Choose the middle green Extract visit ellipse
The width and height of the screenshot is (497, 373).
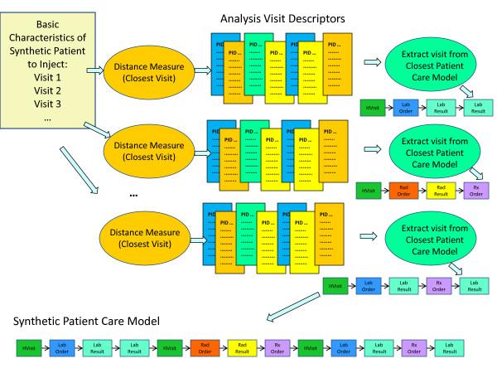coord(429,152)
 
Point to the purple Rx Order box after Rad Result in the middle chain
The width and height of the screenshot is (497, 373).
coord(478,192)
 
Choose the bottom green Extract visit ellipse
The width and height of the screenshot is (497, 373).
coord(429,238)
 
